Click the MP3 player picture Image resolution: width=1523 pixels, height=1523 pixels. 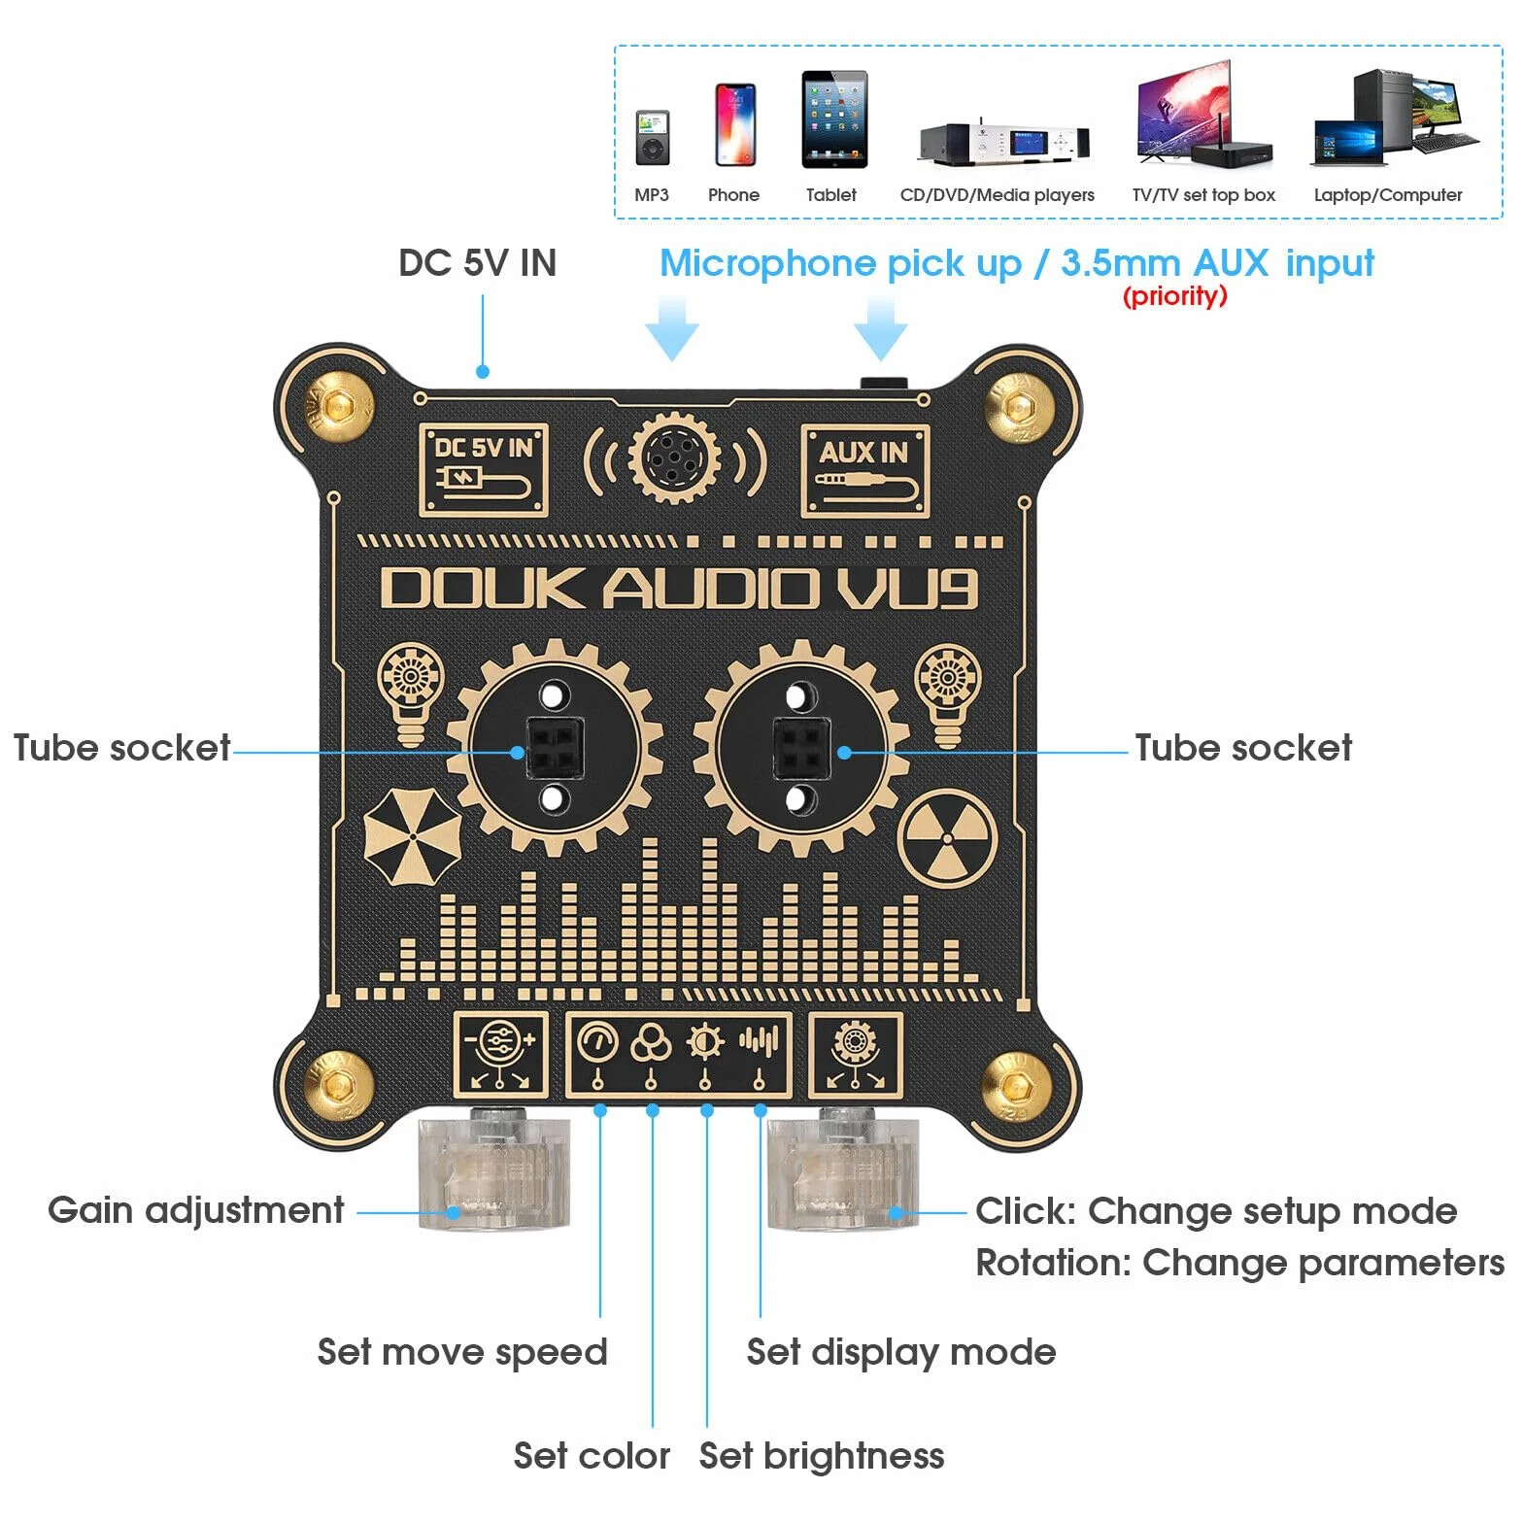653,137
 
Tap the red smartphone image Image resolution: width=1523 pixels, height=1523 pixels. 735,124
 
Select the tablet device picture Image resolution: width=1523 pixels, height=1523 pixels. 834,119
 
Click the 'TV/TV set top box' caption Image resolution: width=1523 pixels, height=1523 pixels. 1203,194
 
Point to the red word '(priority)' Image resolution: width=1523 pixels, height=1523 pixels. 1175,295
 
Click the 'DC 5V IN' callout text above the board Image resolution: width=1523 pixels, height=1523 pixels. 477,262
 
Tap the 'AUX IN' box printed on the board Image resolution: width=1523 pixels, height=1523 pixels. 864,470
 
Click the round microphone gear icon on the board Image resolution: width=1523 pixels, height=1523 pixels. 674,457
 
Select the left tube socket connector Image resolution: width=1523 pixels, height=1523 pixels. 554,748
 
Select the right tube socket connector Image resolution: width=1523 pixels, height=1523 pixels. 801,748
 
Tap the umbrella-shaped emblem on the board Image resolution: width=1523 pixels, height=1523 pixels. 413,836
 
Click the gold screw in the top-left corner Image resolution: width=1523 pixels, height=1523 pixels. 337,405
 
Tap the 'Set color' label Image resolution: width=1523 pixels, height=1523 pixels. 592,1455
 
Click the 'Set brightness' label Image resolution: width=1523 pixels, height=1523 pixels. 822,1455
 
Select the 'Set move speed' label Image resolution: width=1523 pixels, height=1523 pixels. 462,1352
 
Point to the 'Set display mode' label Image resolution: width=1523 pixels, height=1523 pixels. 901,1352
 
